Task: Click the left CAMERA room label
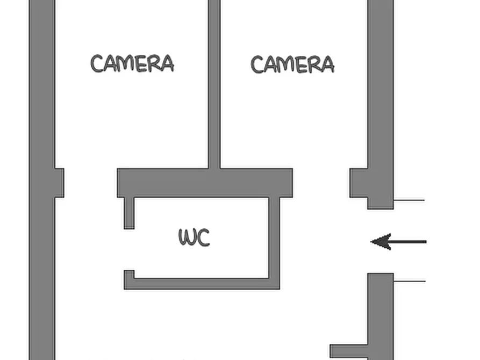pos(132,63)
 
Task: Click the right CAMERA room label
pos(292,64)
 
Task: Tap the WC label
pos(194,237)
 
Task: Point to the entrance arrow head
pos(381,242)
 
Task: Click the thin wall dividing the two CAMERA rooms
pos(214,84)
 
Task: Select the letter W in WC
pos(186,237)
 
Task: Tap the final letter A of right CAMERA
pos(327,64)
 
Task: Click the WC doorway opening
pos(129,249)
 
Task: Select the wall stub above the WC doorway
pos(129,213)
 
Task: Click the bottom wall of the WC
pos(202,284)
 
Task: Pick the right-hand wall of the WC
pos(274,243)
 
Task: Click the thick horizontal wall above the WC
pos(205,183)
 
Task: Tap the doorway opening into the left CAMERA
pos(91,183)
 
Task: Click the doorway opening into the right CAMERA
pos(321,183)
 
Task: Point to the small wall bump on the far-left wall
pos(59,183)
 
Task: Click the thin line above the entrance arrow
pos(409,200)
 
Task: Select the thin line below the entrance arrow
pos(410,281)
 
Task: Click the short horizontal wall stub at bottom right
pos(349,351)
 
